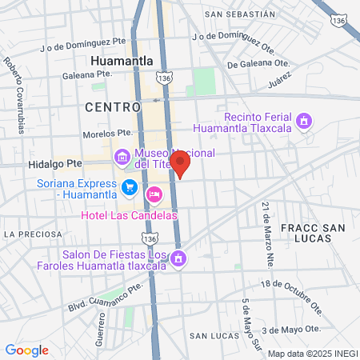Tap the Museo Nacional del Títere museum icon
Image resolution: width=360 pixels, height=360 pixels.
tap(122, 158)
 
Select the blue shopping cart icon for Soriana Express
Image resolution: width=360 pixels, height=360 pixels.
tap(129, 187)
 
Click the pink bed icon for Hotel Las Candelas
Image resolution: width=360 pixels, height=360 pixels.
tap(154, 194)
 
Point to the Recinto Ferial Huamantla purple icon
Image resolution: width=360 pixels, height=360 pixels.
tap(303, 122)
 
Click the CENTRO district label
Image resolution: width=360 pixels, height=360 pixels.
tap(113, 106)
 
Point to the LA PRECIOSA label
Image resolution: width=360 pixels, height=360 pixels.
tap(31, 234)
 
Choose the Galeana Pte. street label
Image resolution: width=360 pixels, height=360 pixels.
tap(86, 75)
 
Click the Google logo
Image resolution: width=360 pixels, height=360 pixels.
tap(27, 350)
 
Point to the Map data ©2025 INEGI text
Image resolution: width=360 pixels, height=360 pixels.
tap(312, 354)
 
